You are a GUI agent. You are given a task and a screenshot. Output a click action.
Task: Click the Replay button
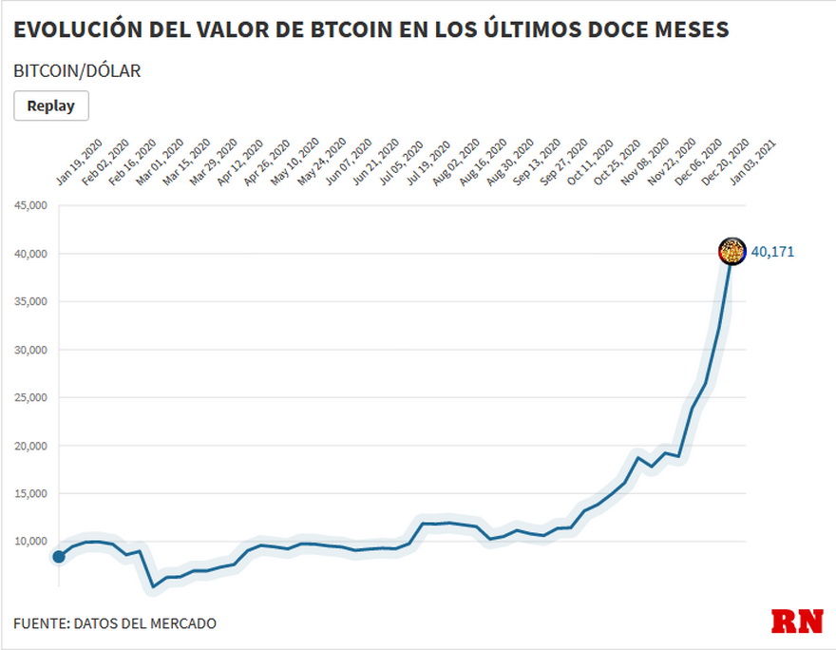(x=50, y=105)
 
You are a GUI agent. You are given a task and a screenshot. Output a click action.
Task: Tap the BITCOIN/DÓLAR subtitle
(x=77, y=71)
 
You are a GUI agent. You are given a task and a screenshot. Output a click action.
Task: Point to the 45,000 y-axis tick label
(x=30, y=205)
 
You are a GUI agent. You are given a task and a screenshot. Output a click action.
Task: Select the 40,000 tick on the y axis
(x=30, y=254)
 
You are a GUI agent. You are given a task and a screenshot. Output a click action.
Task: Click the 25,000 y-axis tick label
(x=30, y=397)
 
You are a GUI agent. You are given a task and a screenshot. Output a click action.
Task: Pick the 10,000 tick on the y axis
(x=30, y=541)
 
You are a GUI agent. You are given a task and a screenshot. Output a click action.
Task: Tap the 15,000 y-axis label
(x=30, y=493)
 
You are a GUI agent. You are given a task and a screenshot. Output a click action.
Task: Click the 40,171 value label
(x=772, y=252)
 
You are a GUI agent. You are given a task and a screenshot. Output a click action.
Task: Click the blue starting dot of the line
(x=59, y=556)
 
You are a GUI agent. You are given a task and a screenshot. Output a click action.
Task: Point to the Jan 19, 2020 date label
(x=79, y=163)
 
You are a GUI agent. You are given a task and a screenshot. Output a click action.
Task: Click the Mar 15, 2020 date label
(x=187, y=163)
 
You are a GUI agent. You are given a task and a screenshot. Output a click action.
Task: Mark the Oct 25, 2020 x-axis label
(x=617, y=163)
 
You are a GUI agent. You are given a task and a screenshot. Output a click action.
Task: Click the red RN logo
(x=796, y=621)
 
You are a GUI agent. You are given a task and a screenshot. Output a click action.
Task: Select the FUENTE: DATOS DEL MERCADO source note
(x=115, y=623)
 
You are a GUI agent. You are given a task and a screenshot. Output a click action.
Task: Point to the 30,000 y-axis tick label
(x=30, y=350)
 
